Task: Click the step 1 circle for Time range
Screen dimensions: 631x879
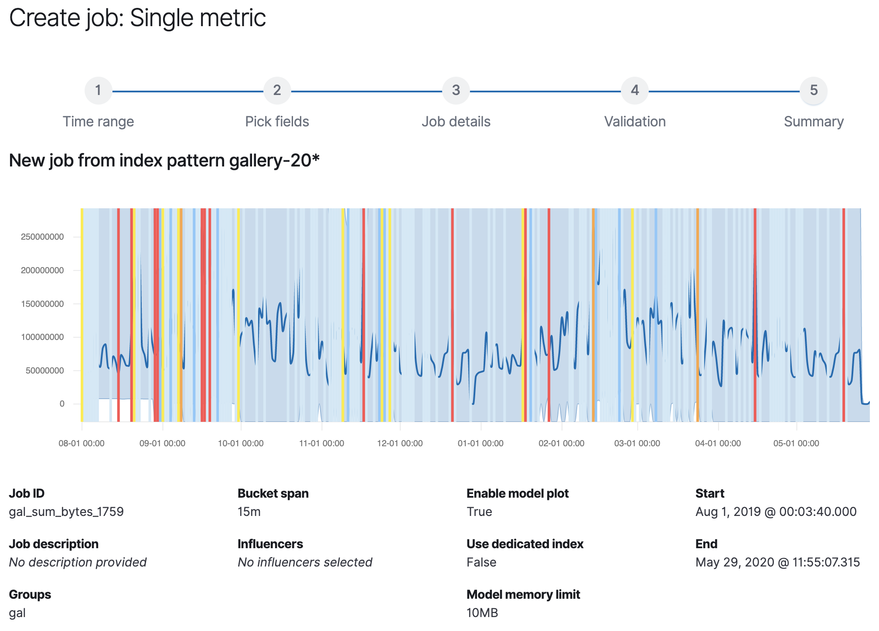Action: click(98, 91)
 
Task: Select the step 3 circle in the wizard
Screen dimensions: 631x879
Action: click(456, 91)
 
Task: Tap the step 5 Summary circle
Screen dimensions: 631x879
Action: click(813, 91)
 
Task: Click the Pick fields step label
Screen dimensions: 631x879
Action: click(277, 122)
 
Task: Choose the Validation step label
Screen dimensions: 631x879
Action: click(634, 122)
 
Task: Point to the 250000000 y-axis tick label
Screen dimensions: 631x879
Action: click(42, 237)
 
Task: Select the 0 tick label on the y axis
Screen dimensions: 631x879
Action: click(61, 404)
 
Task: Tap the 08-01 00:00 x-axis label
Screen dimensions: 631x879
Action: click(82, 444)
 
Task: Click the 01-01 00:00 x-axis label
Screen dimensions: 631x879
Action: click(480, 444)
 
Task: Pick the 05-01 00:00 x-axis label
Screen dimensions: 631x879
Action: click(796, 444)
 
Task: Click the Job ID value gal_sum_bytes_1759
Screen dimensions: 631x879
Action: click(66, 512)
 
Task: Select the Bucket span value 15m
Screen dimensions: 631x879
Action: click(249, 512)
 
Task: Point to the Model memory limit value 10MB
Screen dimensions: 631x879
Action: click(482, 613)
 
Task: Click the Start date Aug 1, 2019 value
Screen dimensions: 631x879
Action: click(776, 512)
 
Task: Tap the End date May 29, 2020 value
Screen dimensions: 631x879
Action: click(777, 562)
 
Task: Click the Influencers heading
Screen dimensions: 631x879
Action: click(270, 544)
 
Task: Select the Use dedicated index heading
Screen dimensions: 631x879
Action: click(525, 544)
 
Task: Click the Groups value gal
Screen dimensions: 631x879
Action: click(17, 613)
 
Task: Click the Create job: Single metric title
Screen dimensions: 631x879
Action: click(137, 18)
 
